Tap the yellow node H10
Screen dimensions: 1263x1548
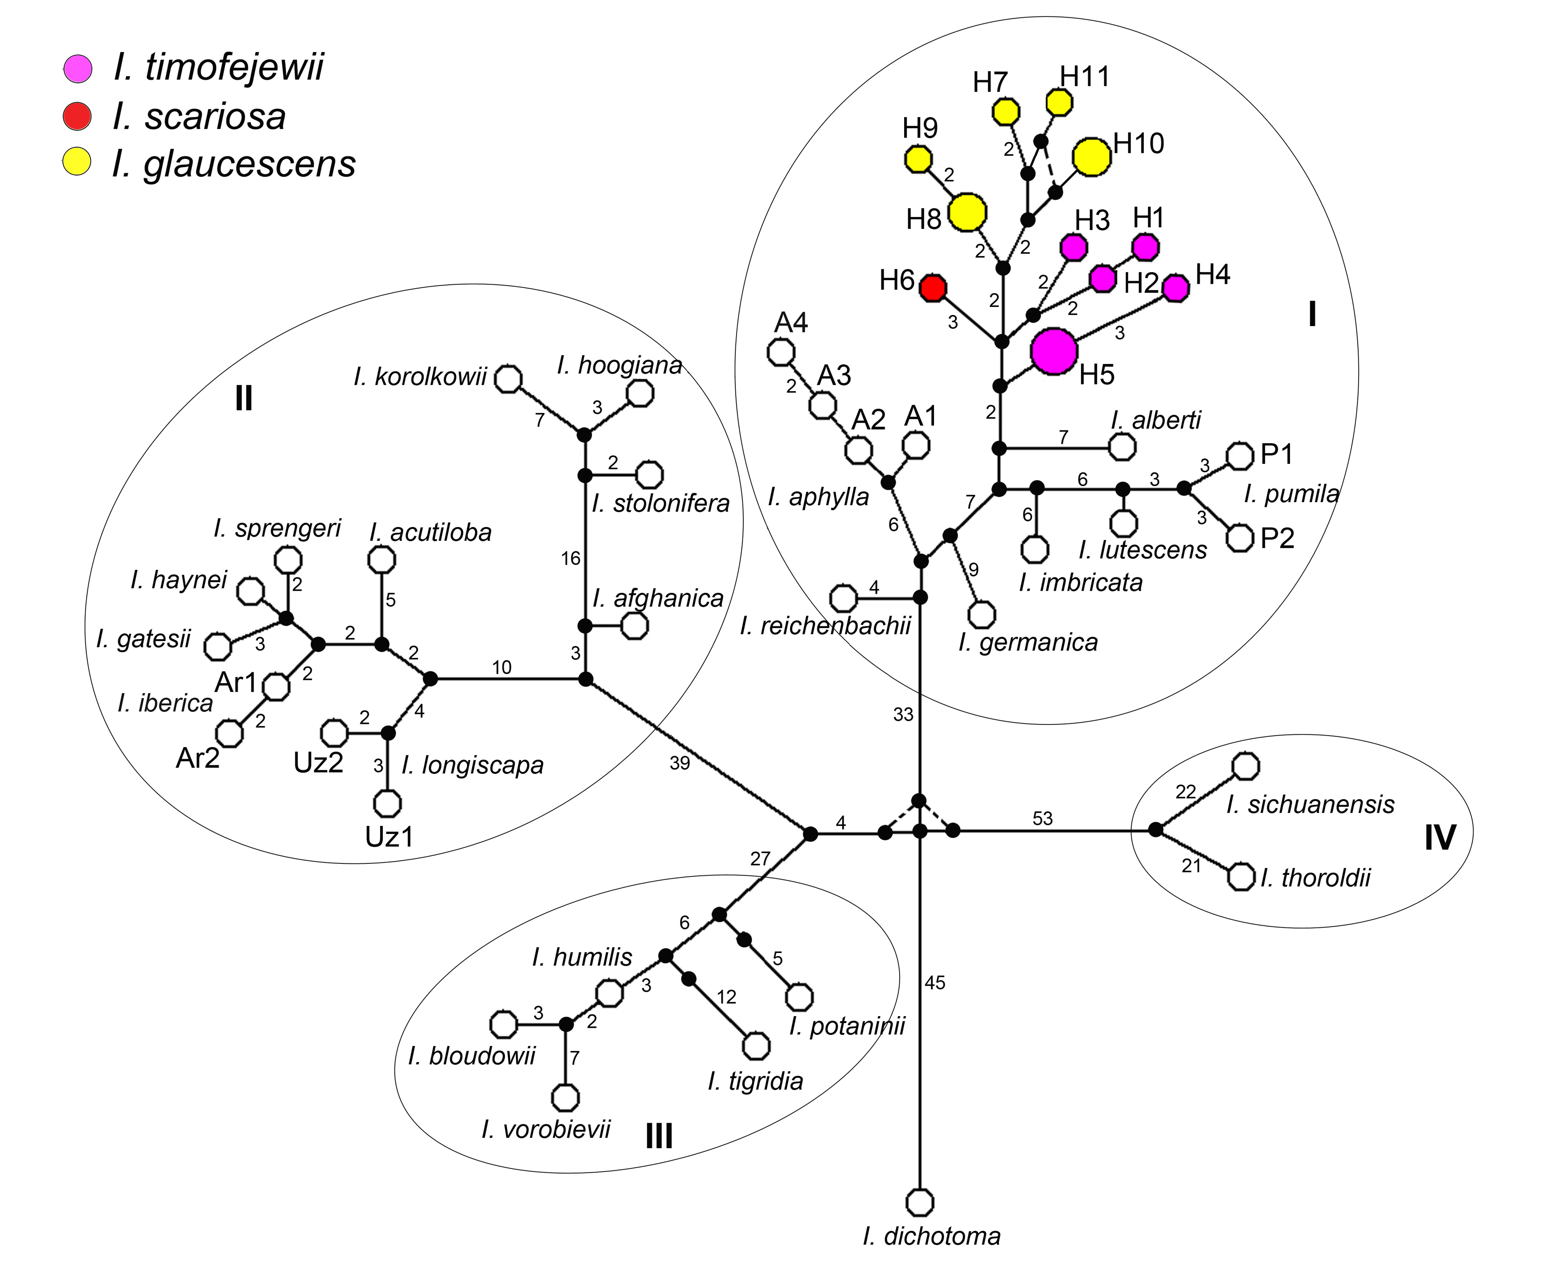click(1092, 157)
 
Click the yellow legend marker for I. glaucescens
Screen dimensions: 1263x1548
click(77, 162)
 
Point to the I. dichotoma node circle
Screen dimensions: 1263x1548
click(920, 1202)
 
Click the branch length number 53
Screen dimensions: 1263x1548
click(1042, 818)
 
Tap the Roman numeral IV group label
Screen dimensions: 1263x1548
click(1440, 838)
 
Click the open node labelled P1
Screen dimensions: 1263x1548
click(1240, 455)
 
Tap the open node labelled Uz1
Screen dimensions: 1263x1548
click(387, 803)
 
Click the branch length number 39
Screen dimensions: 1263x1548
click(680, 762)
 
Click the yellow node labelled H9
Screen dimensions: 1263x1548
click(918, 159)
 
